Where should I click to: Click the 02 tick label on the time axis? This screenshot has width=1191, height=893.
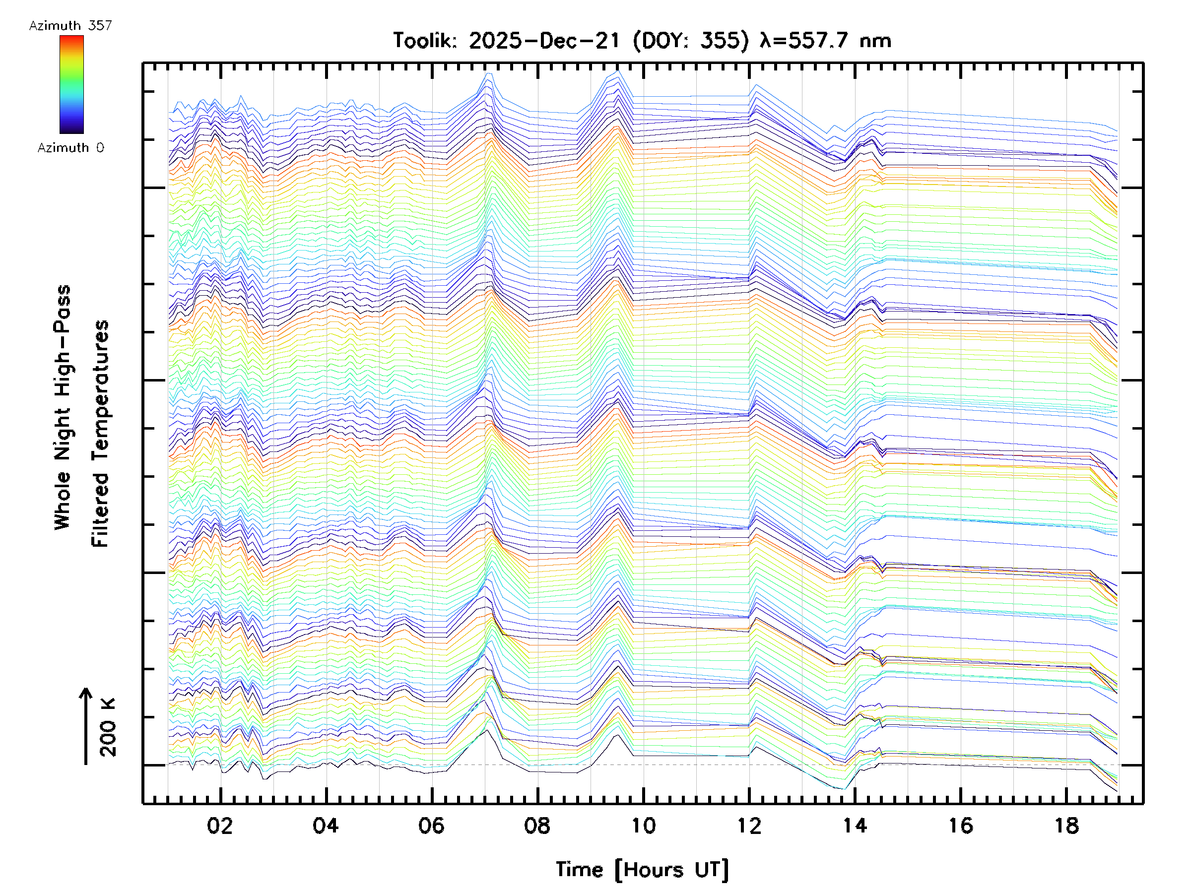pos(220,826)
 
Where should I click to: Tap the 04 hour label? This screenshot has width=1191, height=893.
pos(325,826)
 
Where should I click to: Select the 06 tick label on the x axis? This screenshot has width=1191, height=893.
pos(431,826)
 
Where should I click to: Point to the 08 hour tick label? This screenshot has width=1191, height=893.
pos(537,826)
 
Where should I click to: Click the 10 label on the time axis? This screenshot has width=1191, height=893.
pos(643,826)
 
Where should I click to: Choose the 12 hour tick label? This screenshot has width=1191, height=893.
pos(749,826)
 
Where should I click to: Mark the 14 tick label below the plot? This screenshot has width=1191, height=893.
pos(855,826)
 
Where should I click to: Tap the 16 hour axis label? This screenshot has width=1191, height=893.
pos(961,826)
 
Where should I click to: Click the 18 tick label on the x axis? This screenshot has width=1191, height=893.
pos(1066,826)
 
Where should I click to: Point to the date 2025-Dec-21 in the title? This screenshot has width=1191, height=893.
pos(544,41)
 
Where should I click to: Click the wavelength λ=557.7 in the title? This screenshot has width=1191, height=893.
pos(805,41)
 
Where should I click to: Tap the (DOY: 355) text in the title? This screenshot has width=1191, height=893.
pos(690,41)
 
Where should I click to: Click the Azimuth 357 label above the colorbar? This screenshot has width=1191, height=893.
pos(70,26)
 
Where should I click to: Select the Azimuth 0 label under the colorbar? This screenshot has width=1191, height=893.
pos(70,148)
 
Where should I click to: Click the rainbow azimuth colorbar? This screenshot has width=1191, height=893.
pos(71,84)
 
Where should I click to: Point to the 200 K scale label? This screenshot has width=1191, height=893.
pos(108,727)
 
